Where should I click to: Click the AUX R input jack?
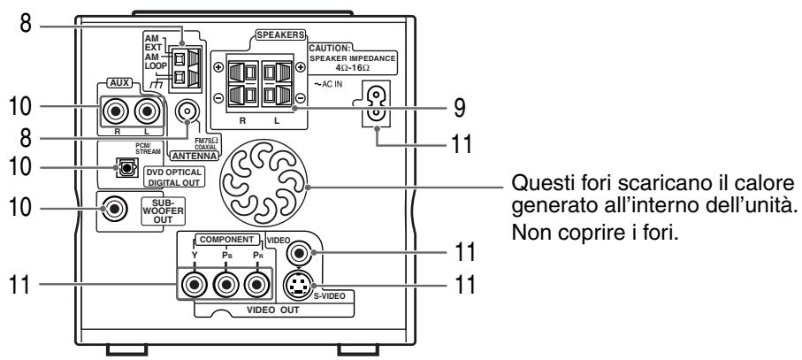click(115, 112)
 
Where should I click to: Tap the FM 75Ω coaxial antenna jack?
click(187, 111)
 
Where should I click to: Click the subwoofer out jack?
click(114, 211)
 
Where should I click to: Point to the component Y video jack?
click(192, 285)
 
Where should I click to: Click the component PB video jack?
click(225, 285)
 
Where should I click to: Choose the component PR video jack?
click(256, 285)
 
